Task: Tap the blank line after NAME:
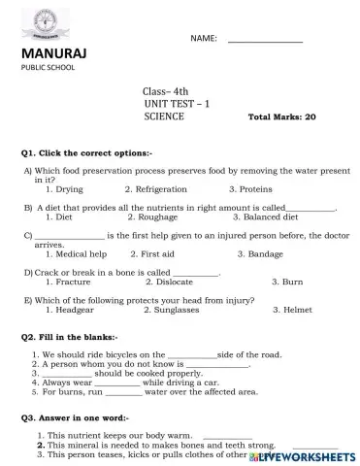coord(264,40)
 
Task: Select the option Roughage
coord(157,217)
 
